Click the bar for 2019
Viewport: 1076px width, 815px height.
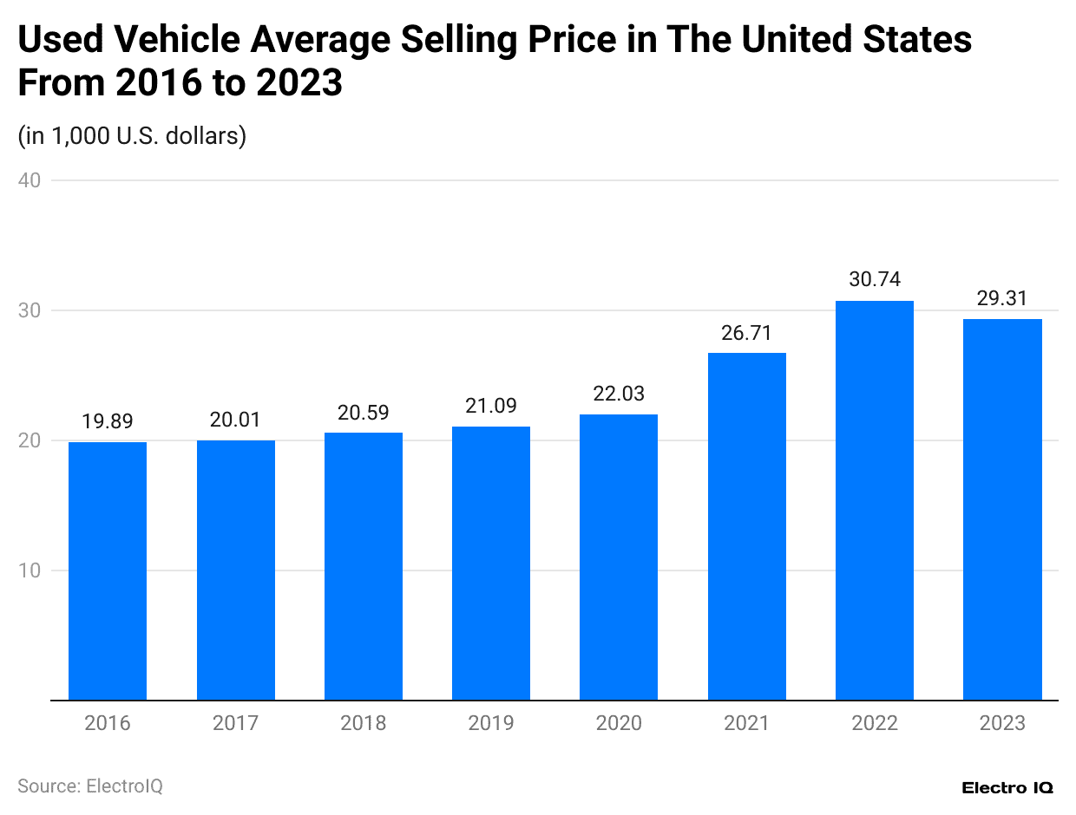pyautogui.click(x=491, y=563)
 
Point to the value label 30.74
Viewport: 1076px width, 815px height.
pyautogui.click(x=875, y=279)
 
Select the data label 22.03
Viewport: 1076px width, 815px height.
pyautogui.click(x=619, y=393)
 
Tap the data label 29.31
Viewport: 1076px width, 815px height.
pyautogui.click(x=1002, y=298)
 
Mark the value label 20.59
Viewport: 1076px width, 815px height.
pyautogui.click(x=364, y=412)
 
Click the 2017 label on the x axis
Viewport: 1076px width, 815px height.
pyautogui.click(x=235, y=723)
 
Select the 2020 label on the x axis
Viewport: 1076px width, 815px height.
pyautogui.click(x=619, y=723)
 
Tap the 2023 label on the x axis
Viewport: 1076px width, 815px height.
pyautogui.click(x=1002, y=723)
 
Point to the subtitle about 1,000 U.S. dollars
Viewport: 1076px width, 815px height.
pyautogui.click(x=132, y=136)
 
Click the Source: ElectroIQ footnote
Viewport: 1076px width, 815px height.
pyautogui.click(x=90, y=786)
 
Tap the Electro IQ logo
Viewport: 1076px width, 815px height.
pyautogui.click(x=1007, y=787)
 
